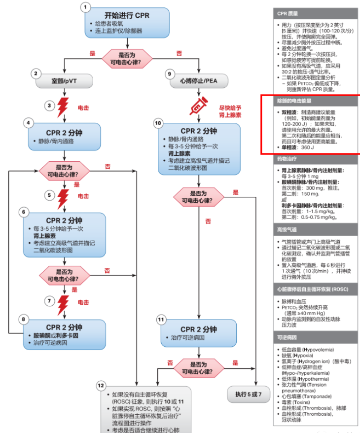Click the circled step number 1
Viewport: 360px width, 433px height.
pos(86,7)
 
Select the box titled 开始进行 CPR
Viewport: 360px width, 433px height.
pos(127,22)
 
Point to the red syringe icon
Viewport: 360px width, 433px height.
pos(199,106)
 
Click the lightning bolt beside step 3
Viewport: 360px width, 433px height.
pos(64,107)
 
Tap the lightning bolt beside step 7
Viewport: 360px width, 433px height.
pos(64,302)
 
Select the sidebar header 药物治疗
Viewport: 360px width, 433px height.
pos(287,160)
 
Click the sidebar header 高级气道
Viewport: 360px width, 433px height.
pos(287,229)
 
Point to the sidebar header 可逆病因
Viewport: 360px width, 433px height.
pos(287,337)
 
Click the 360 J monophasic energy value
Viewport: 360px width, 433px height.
pos(307,147)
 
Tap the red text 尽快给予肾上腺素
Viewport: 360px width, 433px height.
pos(230,111)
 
